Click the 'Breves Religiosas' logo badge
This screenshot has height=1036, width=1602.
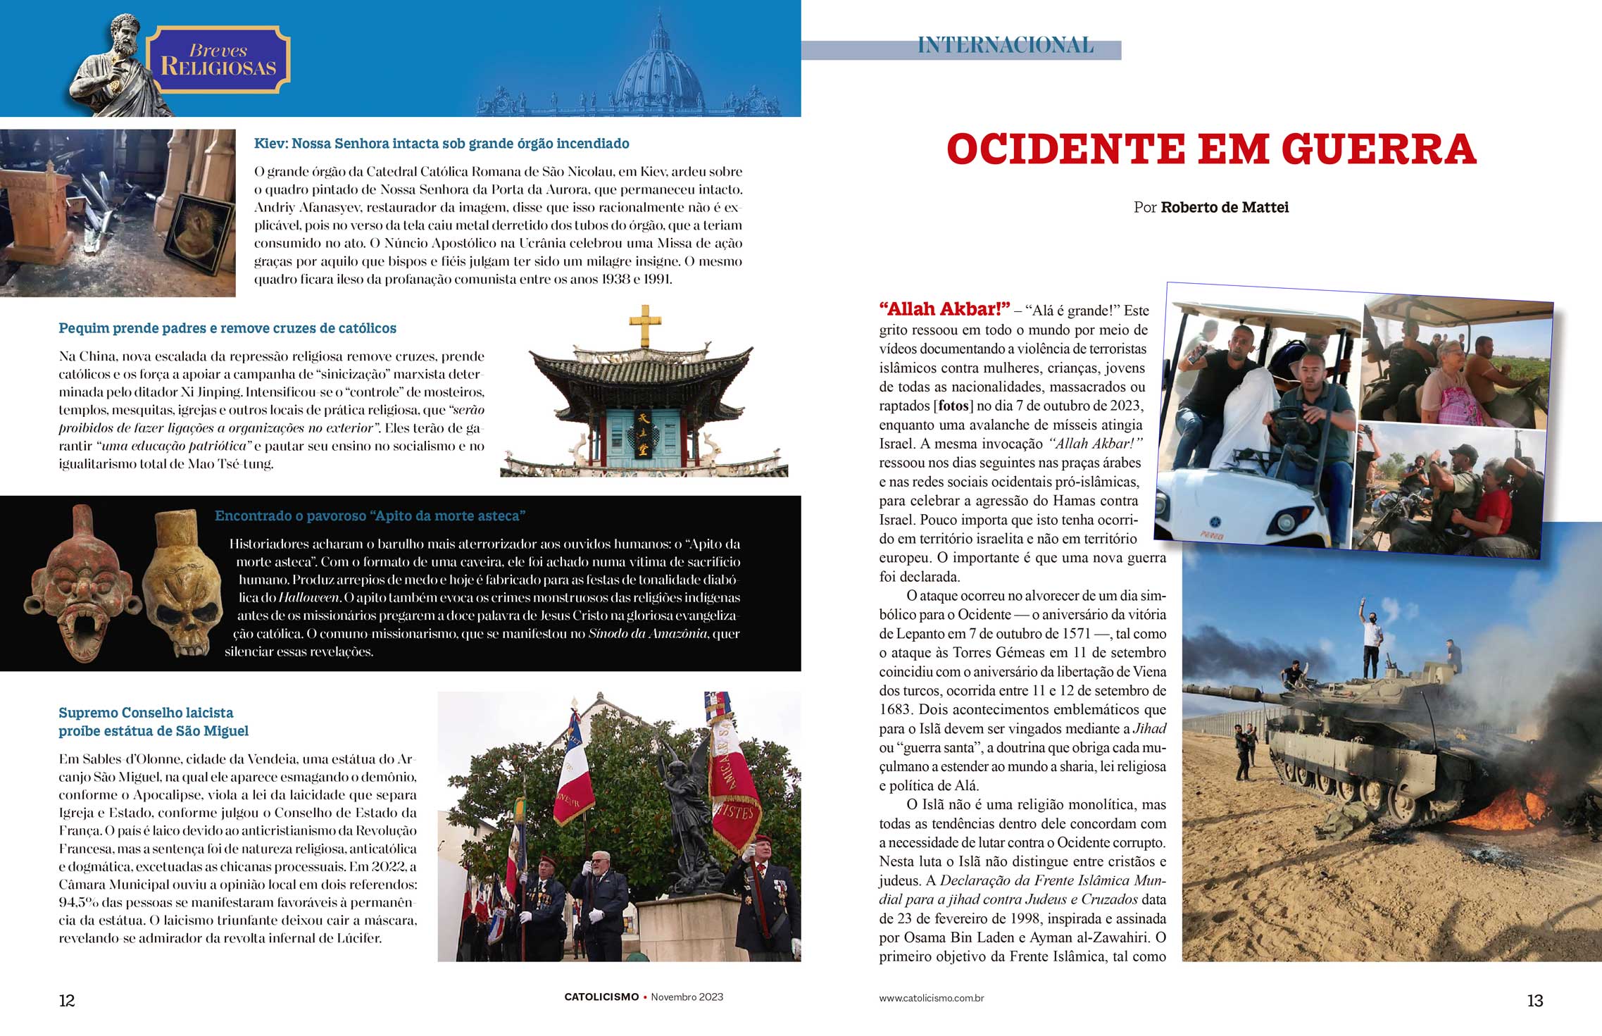(218, 60)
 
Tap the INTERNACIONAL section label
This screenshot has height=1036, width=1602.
(1006, 46)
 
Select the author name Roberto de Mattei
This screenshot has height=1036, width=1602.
(1225, 207)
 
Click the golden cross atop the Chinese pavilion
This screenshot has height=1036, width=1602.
(645, 325)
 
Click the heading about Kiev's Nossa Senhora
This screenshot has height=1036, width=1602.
(442, 144)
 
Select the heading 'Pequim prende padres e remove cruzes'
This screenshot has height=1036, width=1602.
(227, 328)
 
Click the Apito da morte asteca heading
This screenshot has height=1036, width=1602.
(370, 516)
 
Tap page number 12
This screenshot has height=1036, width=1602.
(67, 1001)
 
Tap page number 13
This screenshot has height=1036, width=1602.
(1534, 1001)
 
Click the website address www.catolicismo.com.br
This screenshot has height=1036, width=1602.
(931, 998)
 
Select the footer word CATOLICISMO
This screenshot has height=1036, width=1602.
(601, 997)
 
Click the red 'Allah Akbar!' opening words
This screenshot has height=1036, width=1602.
(944, 309)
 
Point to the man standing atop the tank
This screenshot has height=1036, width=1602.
(1370, 637)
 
